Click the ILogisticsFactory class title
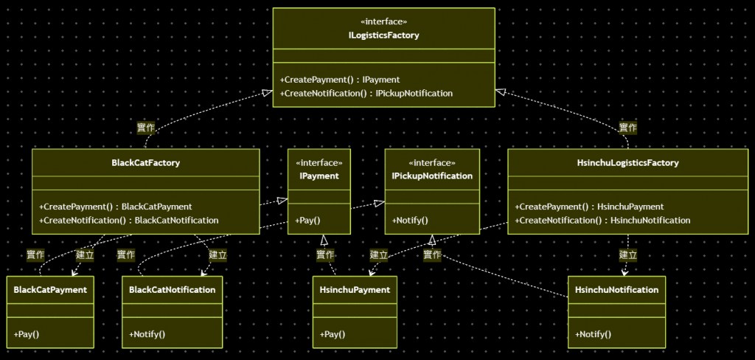tap(383, 35)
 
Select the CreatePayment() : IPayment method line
tap(340, 80)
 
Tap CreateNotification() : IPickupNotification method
tap(366, 94)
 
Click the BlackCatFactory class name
tap(145, 163)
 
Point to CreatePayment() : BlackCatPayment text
tap(115, 207)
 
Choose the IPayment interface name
tap(319, 176)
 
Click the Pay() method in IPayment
tap(307, 220)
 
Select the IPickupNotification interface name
tap(432, 176)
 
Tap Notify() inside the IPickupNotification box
tap(410, 220)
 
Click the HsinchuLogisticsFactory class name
tap(627, 163)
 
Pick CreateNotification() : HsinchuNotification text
tap(602, 220)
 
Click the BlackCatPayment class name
tap(50, 290)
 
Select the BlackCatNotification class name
tap(173, 290)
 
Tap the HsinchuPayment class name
tap(355, 290)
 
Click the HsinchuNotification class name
tap(616, 290)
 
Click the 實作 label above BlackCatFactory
tap(146, 128)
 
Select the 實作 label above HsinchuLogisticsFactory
tap(627, 128)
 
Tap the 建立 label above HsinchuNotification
tap(627, 255)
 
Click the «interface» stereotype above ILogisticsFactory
tap(383, 21)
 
